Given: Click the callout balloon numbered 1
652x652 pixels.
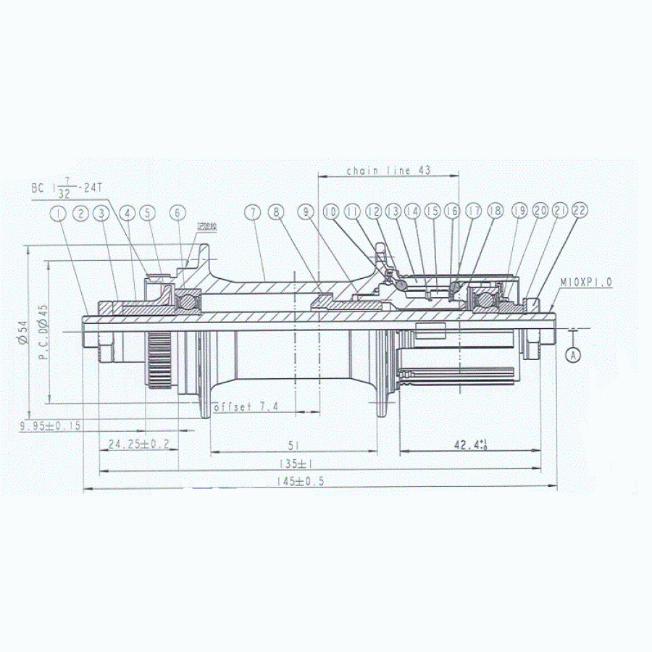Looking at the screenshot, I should [x=57, y=213].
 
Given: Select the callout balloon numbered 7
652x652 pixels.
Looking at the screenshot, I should [x=251, y=212].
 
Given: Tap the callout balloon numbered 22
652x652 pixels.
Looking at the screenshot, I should [x=578, y=210].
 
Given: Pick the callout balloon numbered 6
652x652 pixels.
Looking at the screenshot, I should [x=177, y=213].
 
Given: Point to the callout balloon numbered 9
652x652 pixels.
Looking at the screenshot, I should [x=306, y=212].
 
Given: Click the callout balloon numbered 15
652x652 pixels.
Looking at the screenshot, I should [x=432, y=211].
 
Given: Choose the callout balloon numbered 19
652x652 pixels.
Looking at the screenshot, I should [x=519, y=211].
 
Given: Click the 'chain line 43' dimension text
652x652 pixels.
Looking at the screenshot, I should [x=388, y=171].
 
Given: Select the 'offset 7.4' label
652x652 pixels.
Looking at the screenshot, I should [x=246, y=407].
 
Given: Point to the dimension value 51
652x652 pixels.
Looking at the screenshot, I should [x=293, y=445].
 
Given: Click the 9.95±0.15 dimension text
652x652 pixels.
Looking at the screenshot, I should [x=51, y=426].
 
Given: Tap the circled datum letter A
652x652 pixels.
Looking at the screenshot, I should [x=573, y=355].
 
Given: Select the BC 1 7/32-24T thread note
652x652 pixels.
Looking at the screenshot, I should [x=68, y=188].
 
